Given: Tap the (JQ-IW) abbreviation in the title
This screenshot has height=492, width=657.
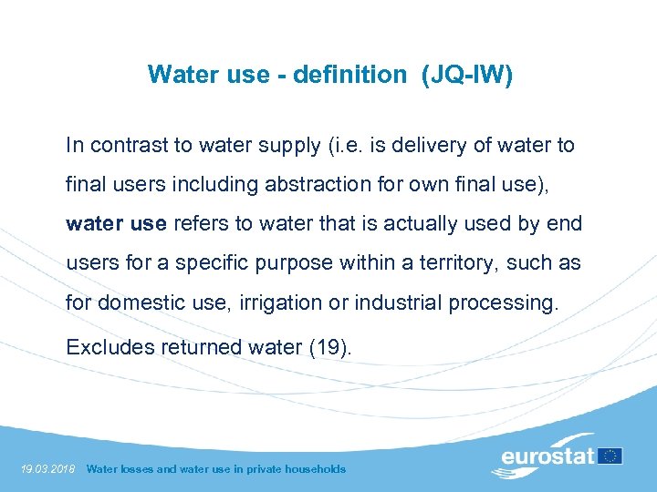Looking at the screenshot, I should [x=467, y=74].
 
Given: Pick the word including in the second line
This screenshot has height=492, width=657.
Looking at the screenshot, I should [x=222, y=184].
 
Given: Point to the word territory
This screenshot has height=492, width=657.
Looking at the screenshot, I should [x=444, y=262].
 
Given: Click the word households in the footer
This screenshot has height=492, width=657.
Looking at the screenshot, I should [x=313, y=469].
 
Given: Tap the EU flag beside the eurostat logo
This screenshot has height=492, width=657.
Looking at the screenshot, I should [x=610, y=455].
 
